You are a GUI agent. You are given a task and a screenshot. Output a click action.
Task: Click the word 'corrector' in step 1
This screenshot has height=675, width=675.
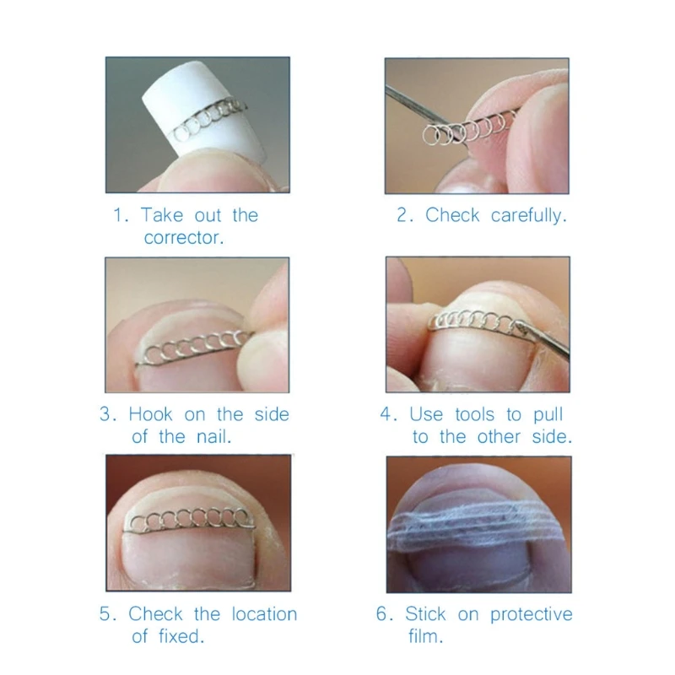pos(182,238)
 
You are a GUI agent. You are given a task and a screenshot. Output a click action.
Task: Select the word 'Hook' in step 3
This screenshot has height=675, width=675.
pos(152,414)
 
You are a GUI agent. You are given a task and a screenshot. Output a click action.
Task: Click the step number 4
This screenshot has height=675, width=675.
pos(387,414)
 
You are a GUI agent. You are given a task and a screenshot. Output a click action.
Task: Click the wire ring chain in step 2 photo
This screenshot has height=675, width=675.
pos(464,128)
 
